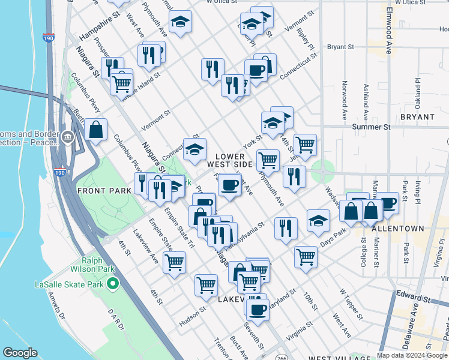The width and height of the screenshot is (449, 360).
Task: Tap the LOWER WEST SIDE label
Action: (230, 160)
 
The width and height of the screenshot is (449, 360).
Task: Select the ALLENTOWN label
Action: (397, 229)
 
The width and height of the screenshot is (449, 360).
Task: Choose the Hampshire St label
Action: (96, 28)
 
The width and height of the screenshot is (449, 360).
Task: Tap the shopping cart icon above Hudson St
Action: (206, 284)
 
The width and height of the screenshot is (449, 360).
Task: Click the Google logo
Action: (20, 353)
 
